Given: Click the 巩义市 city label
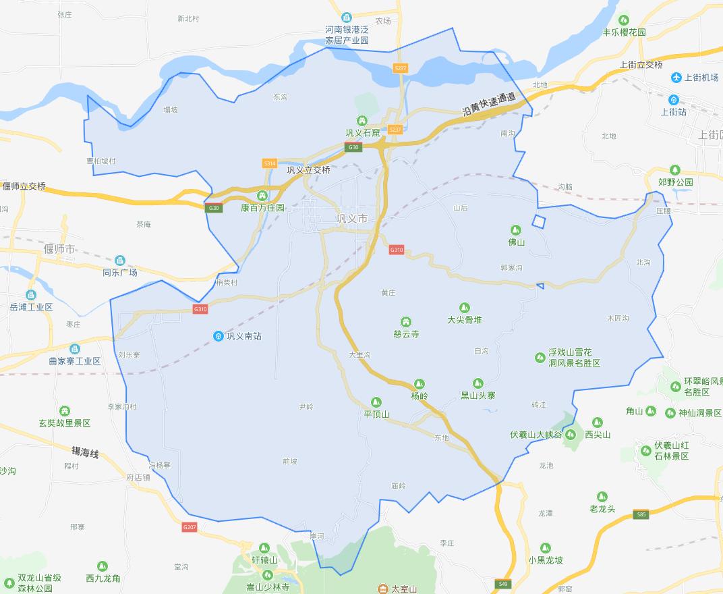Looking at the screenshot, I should coord(352,219).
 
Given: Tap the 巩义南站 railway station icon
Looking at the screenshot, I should coord(218,335).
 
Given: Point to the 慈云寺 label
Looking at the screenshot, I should coord(406,333).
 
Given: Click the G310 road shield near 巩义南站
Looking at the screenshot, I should coord(200,309).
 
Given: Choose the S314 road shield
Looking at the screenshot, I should coord(270,163).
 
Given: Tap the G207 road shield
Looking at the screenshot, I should coord(190,526).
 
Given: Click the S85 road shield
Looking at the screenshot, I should coord(641,515).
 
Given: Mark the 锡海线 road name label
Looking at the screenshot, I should coord(86,452).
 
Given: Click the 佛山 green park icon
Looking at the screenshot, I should coord(515,230).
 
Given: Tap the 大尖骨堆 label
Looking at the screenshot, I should coord(465,319).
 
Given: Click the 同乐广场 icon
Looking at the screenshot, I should coord(120,261).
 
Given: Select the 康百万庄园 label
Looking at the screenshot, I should coord(263,208).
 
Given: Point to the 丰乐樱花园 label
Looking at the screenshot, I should coord(624,32).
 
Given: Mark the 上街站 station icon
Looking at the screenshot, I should coord(673,100).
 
